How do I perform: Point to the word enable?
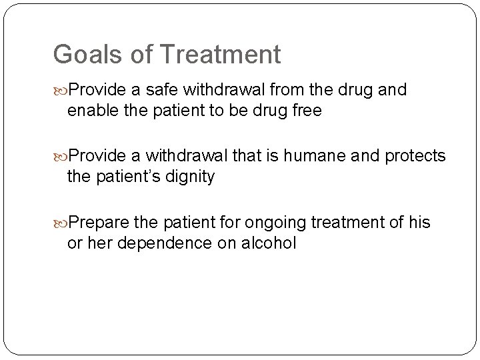tap(91, 111)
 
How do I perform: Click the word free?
tap(303, 111)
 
